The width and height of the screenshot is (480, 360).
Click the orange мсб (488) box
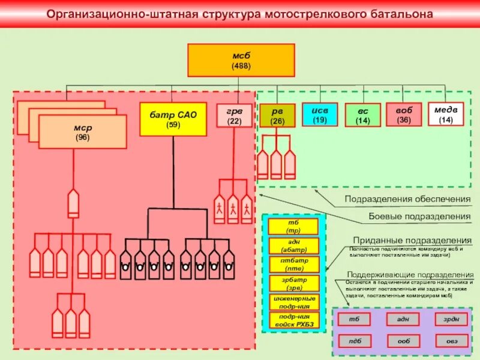241,60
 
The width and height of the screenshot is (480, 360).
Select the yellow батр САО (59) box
173,119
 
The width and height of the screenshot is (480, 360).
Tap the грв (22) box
234,115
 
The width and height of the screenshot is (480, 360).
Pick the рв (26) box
277,115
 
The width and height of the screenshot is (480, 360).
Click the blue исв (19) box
319,114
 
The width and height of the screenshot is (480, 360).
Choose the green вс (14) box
362,115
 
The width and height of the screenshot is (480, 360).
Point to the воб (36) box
404,114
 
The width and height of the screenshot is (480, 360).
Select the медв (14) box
446,113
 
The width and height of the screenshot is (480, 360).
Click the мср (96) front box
82,131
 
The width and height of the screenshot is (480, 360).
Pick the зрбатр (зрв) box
293,283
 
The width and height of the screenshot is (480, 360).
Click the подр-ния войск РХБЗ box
293,320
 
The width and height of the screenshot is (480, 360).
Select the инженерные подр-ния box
293,302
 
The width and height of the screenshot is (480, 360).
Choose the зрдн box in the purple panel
451,319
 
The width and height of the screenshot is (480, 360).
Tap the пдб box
355,341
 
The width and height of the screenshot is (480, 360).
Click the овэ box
451,341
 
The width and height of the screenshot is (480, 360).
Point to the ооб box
403,341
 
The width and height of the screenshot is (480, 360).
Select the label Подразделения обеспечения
407,199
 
